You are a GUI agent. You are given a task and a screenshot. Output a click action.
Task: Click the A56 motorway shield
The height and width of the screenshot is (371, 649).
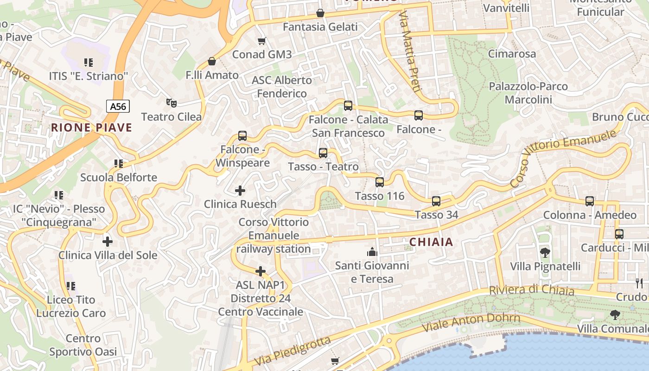[x=118, y=107]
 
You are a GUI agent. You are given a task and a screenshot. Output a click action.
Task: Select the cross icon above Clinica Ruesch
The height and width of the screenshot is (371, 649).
[x=240, y=191]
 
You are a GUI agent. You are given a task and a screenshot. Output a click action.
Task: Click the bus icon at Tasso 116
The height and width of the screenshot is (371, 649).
[x=380, y=182]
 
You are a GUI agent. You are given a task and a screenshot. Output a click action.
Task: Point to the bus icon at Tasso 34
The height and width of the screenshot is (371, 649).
[x=436, y=201]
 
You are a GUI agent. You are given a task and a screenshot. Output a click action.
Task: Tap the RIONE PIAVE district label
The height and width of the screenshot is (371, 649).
[x=91, y=128]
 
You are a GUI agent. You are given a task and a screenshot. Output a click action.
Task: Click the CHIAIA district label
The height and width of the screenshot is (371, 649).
[x=431, y=242]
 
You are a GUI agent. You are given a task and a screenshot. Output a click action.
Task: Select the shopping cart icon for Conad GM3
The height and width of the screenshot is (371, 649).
[x=262, y=41]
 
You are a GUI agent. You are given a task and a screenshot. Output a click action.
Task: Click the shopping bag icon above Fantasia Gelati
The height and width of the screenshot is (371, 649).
[x=320, y=13]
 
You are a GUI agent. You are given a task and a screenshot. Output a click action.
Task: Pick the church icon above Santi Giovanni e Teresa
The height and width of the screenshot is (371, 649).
[x=372, y=252]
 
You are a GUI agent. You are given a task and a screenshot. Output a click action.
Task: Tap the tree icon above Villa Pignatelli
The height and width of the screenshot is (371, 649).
[x=545, y=253]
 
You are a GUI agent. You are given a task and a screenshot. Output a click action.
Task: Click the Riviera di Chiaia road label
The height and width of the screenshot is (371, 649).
[x=532, y=290]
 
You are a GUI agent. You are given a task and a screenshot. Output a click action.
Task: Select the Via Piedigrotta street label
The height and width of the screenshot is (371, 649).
[x=293, y=351]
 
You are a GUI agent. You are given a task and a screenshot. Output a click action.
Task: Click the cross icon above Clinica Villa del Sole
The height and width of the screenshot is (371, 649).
[x=108, y=242]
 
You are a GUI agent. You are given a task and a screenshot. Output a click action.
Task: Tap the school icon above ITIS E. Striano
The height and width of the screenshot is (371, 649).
[x=88, y=62]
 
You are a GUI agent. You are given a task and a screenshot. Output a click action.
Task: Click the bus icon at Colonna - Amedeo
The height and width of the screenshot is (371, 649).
[x=590, y=201]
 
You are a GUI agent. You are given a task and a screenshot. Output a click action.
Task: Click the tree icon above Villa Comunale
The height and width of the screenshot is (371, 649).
[x=615, y=315]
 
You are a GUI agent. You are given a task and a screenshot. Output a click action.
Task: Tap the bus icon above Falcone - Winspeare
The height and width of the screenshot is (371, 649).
[x=242, y=136]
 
